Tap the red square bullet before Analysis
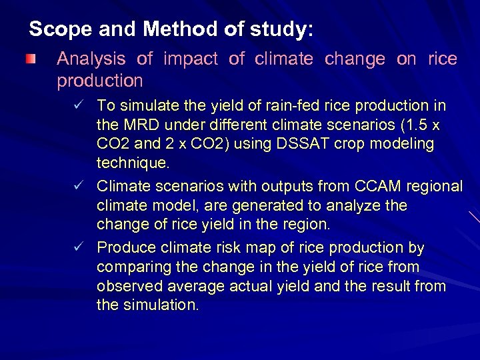(29, 60)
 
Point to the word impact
(191, 59)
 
